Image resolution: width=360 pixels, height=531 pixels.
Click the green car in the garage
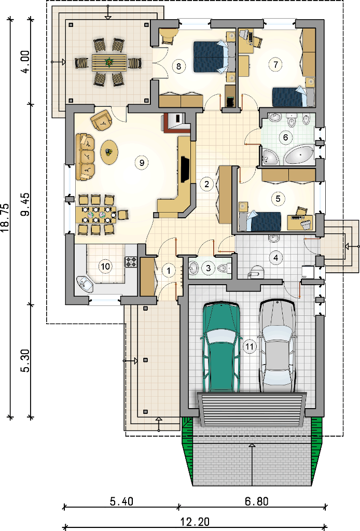point(221,347)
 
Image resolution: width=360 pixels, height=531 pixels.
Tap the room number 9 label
point(142,162)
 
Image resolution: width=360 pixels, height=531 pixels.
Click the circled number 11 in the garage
point(250,346)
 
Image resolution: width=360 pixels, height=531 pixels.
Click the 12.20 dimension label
point(195,522)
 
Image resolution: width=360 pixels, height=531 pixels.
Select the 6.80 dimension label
point(256,501)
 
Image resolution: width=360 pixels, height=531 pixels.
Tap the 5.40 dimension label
point(121,501)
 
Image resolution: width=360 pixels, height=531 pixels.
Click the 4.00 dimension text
point(26,61)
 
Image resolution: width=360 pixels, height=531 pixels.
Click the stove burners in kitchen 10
point(131,261)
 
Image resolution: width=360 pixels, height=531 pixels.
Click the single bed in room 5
point(260,221)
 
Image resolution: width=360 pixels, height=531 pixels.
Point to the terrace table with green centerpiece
point(109,62)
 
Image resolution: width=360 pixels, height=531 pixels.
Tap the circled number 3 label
point(209,268)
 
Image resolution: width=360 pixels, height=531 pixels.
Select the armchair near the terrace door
point(101,120)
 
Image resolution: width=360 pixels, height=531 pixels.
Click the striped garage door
point(251,409)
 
